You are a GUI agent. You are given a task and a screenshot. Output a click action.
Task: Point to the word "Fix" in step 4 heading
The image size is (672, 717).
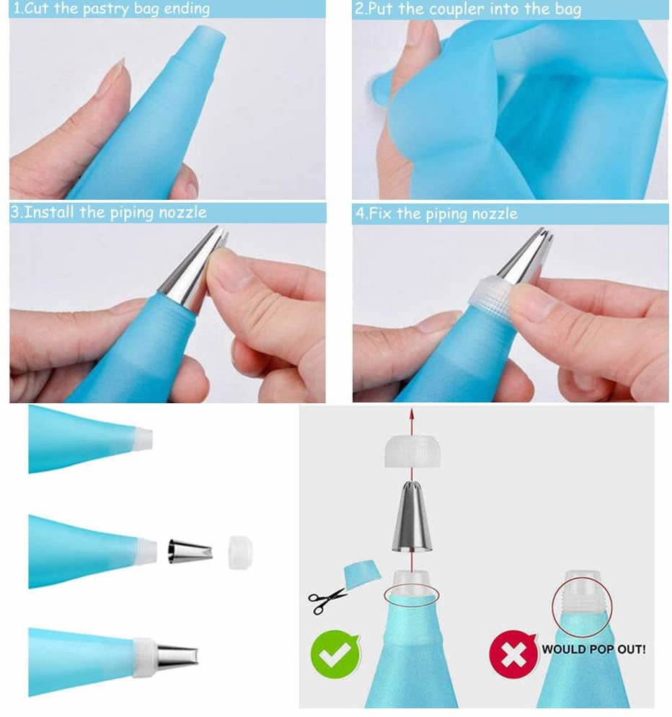[381, 214]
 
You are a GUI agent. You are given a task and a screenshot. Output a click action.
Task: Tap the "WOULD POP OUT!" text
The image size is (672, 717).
[593, 649]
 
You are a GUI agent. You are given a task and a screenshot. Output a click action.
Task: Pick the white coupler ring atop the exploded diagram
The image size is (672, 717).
[410, 453]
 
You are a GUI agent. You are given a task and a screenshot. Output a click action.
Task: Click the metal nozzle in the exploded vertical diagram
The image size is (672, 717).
[411, 519]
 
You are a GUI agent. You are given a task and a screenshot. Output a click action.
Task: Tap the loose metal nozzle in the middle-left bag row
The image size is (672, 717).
[190, 551]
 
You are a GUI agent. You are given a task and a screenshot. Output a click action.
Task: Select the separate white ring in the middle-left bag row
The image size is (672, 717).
[240, 552]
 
